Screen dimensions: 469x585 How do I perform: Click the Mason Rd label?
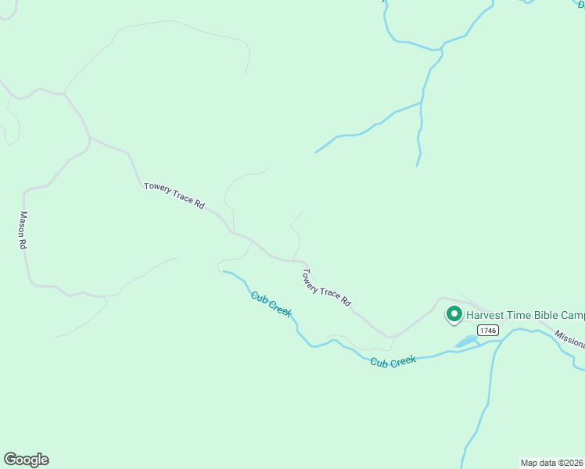[23, 231]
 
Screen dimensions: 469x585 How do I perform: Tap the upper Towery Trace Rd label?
[174, 195]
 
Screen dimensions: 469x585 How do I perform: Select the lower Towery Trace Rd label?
[327, 287]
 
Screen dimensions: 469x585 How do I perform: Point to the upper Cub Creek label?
[271, 303]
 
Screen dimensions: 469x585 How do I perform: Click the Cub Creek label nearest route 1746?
[393, 361]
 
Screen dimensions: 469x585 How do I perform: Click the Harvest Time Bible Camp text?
[525, 316]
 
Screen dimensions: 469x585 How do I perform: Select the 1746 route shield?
[489, 331]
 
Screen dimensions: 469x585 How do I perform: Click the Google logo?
[26, 460]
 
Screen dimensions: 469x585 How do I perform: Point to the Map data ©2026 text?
[552, 462]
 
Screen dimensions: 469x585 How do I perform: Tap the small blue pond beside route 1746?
[466, 342]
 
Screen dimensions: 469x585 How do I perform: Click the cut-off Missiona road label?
[570, 338]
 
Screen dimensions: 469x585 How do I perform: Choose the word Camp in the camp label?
[571, 316]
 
